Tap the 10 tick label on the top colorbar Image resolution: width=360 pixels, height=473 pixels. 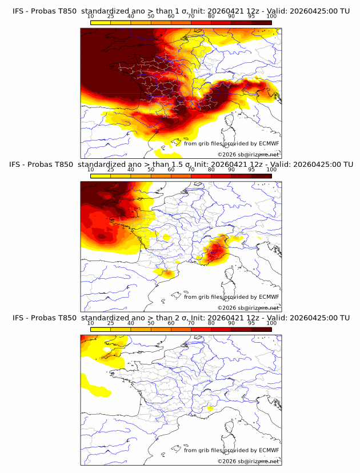click(x=91, y=16)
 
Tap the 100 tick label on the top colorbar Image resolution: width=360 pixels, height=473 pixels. click(x=271, y=16)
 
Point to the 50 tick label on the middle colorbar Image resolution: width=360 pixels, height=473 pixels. click(x=151, y=170)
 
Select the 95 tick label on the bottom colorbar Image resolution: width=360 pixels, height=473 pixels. click(x=251, y=323)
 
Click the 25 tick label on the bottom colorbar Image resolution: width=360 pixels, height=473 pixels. click(x=111, y=323)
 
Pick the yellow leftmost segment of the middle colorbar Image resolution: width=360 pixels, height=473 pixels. click(x=101, y=176)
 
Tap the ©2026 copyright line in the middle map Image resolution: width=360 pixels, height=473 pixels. click(x=248, y=307)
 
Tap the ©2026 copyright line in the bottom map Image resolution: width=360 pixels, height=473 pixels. click(x=248, y=461)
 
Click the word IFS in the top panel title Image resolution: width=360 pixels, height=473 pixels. click(x=19, y=11)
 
